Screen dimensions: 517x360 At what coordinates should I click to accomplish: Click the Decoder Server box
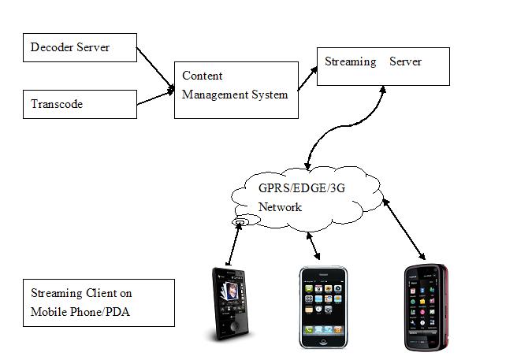pos(80,47)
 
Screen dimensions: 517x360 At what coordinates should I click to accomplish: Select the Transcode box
pos(80,104)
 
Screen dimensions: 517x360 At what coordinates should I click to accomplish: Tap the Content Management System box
pos(236,90)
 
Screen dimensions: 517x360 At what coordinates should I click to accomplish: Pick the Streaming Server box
pos(383,67)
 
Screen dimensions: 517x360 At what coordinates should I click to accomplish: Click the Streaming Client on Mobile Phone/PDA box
pos(99,303)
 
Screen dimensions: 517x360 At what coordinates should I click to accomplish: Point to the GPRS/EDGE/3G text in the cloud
pos(302,188)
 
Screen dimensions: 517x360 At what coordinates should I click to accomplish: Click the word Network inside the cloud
pos(280,207)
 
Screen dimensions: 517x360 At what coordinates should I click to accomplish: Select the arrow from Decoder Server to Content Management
pos(155,69)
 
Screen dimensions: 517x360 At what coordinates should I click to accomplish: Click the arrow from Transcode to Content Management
pos(155,97)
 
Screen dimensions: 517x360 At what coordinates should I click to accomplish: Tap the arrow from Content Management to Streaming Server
pos(307,78)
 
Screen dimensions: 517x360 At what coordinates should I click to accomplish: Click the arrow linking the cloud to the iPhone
pos(314,246)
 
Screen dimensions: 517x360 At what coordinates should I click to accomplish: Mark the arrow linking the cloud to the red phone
pos(404,229)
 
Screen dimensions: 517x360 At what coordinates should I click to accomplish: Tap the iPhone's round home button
pos(323,342)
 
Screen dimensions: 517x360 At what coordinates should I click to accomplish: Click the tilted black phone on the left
pos(230,304)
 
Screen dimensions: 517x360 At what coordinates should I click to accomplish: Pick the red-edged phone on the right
pos(426,307)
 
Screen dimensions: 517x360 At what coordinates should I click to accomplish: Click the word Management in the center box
pos(216,95)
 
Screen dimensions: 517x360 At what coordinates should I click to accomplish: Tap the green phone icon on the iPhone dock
pos(309,329)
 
